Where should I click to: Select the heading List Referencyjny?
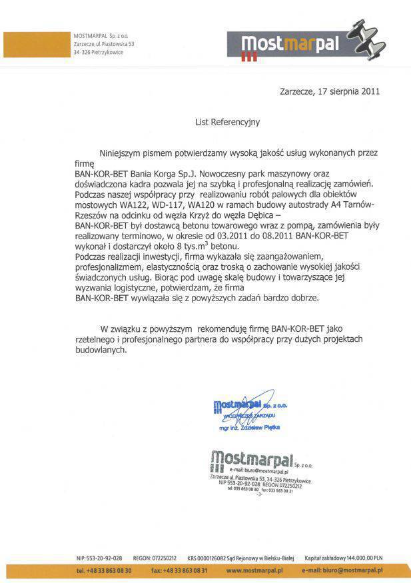pos(218,122)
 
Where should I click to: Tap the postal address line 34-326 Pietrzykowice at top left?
pos(98,52)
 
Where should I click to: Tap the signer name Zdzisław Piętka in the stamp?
pos(260,427)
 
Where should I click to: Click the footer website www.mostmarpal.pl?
pos(255,571)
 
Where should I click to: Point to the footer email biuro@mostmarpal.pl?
pos(353,571)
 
